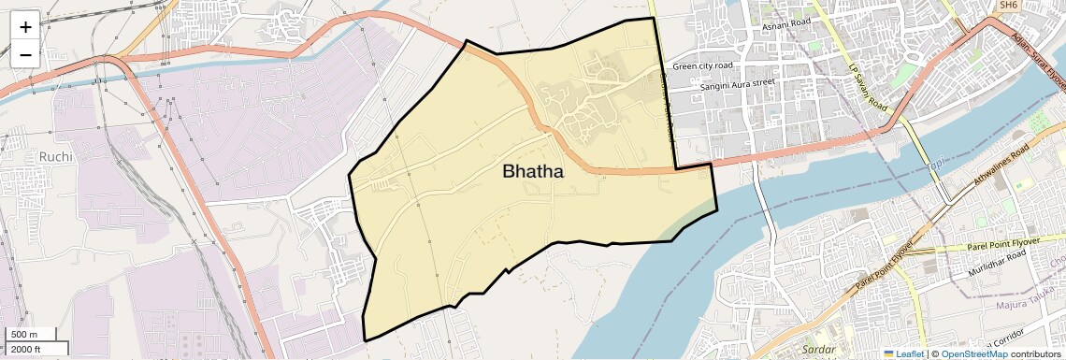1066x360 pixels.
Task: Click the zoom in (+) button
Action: (x=25, y=27)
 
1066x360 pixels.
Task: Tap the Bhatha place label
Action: (x=533, y=171)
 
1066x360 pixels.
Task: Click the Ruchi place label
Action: (x=55, y=157)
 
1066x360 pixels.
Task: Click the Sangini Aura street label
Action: (x=738, y=84)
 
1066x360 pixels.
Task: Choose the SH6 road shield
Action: (x=1007, y=6)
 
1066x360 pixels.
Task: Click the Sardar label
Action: (x=819, y=349)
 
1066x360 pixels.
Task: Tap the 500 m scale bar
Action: (x=30, y=335)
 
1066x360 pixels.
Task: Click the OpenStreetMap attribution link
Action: (x=973, y=354)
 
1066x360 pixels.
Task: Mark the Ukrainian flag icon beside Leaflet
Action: (x=889, y=354)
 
